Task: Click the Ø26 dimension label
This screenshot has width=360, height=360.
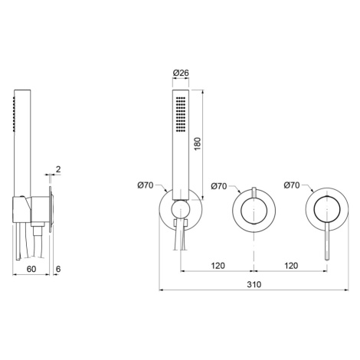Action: point(181,73)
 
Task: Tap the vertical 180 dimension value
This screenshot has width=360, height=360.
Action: point(198,144)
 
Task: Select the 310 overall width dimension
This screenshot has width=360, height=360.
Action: point(254,284)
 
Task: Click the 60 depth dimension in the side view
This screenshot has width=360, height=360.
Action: point(31,269)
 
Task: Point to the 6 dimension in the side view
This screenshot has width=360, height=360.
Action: point(58,269)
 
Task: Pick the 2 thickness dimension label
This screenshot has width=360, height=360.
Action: point(58,169)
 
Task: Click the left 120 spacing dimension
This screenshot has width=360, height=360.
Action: point(218,266)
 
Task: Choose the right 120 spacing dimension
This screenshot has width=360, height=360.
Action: point(291,266)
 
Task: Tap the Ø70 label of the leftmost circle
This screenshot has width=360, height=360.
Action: point(146,185)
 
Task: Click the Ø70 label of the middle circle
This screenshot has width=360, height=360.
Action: point(219,186)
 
